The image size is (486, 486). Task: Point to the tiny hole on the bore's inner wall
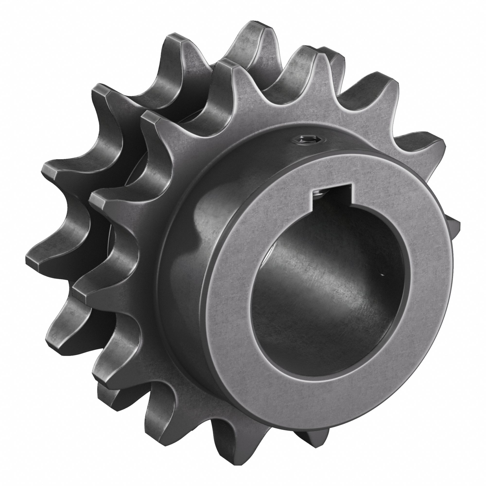click(x=382, y=274)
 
